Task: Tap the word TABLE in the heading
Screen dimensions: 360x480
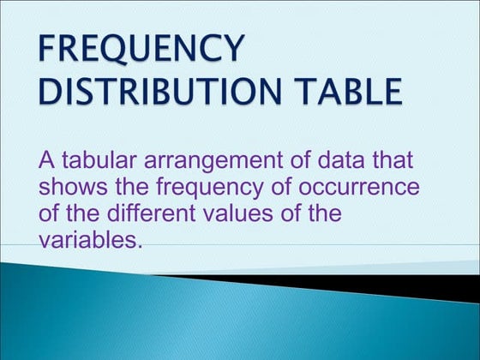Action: click(346, 91)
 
